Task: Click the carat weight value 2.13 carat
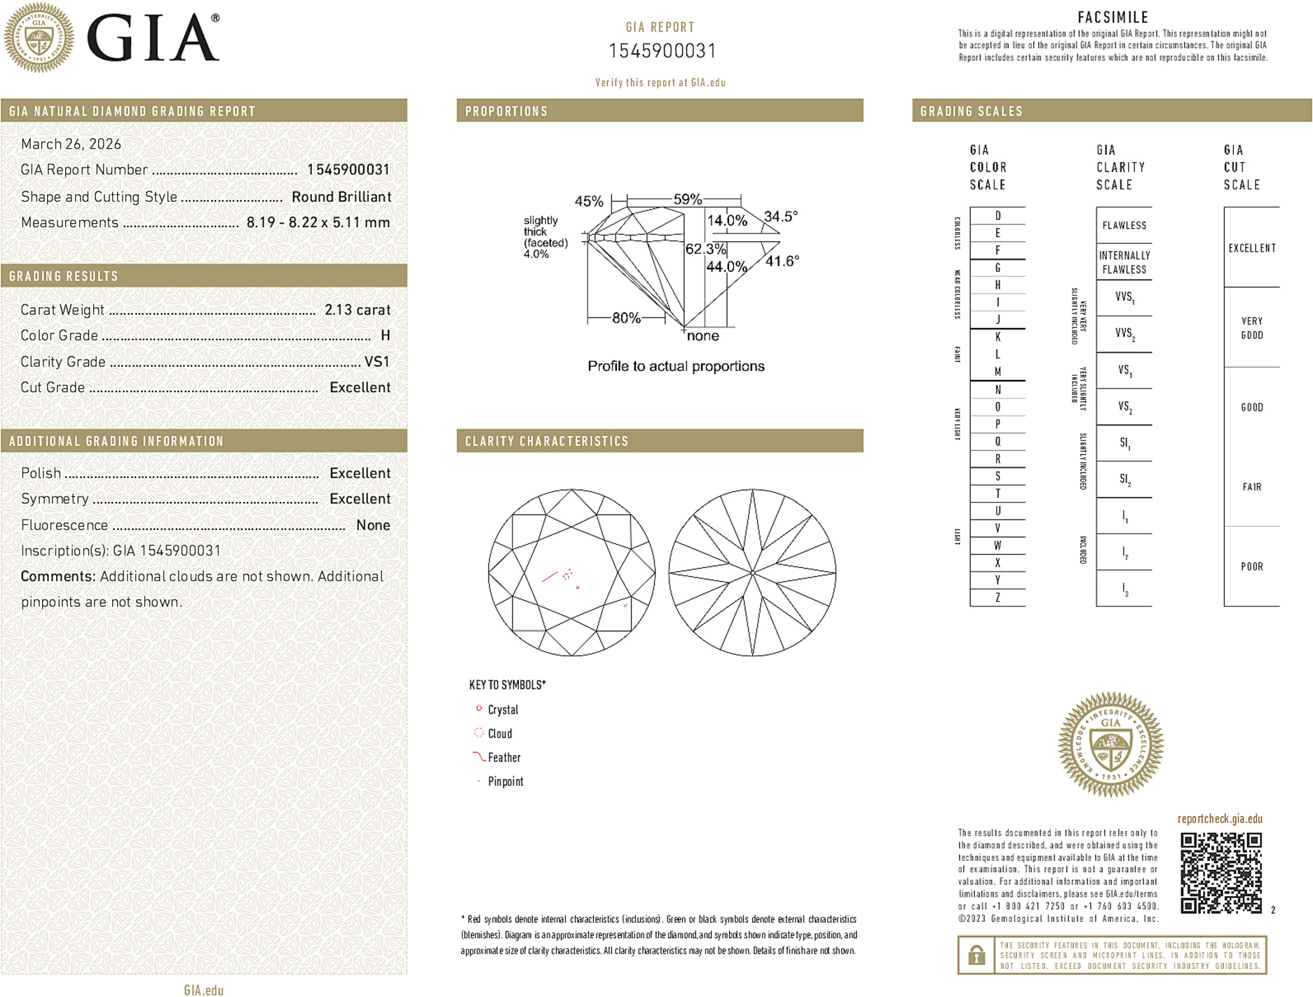pyautogui.click(x=357, y=310)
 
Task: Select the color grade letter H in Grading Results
pyautogui.click(x=385, y=336)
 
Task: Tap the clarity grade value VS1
pyautogui.click(x=376, y=362)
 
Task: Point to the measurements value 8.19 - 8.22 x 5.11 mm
pyautogui.click(x=318, y=223)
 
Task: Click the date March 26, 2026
pyautogui.click(x=71, y=144)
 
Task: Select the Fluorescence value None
pyautogui.click(x=372, y=525)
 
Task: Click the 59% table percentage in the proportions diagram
pyautogui.click(x=686, y=199)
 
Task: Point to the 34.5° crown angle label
pyautogui.click(x=780, y=217)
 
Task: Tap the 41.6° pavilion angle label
pyautogui.click(x=782, y=262)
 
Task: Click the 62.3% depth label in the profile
pyautogui.click(x=705, y=249)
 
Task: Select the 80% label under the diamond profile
pyautogui.click(x=625, y=318)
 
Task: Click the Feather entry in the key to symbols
pyautogui.click(x=503, y=758)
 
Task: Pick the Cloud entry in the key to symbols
pyautogui.click(x=499, y=734)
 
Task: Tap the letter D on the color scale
pyautogui.click(x=998, y=216)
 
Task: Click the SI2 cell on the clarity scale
pyautogui.click(x=1124, y=480)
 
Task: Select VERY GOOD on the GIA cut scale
pyautogui.click(x=1251, y=328)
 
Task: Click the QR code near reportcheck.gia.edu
pyautogui.click(x=1220, y=873)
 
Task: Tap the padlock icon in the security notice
pyautogui.click(x=976, y=955)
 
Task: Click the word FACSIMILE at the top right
pyautogui.click(x=1113, y=18)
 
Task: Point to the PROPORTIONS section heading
pyautogui.click(x=506, y=111)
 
